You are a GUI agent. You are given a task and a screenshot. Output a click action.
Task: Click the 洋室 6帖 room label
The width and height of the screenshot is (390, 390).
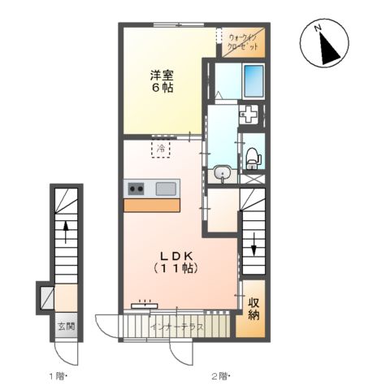click(x=162, y=81)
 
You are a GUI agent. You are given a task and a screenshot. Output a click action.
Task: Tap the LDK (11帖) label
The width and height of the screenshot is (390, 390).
click(x=176, y=262)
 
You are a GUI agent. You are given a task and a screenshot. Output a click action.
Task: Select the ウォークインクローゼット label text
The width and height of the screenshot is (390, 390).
click(x=243, y=42)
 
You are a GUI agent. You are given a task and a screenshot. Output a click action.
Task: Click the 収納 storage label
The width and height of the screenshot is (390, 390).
click(x=253, y=309)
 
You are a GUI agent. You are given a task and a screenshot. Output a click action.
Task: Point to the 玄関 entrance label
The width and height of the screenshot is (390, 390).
click(x=67, y=327)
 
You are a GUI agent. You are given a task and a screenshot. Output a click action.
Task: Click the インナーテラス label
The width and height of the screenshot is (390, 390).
click(x=178, y=327)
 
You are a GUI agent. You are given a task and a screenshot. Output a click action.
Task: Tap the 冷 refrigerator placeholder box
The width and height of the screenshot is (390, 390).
click(x=161, y=149)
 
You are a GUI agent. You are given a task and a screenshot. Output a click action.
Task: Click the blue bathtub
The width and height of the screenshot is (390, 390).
click(x=253, y=80)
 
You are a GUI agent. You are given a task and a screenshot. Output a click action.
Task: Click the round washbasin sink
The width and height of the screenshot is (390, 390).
click(x=223, y=172)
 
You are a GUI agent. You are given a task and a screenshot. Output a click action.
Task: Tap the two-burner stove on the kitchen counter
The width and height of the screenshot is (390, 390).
click(x=136, y=188)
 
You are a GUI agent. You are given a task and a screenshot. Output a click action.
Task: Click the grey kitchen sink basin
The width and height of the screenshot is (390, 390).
click(x=166, y=188)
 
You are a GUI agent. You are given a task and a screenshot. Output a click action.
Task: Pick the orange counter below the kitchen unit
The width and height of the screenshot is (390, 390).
click(x=152, y=205)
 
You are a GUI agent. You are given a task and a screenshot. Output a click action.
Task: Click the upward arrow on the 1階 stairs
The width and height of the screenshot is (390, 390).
click(x=66, y=232)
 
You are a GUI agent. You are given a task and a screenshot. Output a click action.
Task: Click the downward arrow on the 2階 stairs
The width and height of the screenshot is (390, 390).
click(x=253, y=245)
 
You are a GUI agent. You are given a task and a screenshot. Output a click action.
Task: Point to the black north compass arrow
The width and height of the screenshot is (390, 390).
click(x=329, y=48)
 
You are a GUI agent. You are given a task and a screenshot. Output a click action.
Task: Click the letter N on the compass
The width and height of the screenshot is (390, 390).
click(x=318, y=28)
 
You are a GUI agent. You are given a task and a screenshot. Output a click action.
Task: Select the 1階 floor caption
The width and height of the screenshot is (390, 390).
click(x=58, y=376)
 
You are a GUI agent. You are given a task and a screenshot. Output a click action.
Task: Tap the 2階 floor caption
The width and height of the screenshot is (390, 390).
click(x=220, y=376)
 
